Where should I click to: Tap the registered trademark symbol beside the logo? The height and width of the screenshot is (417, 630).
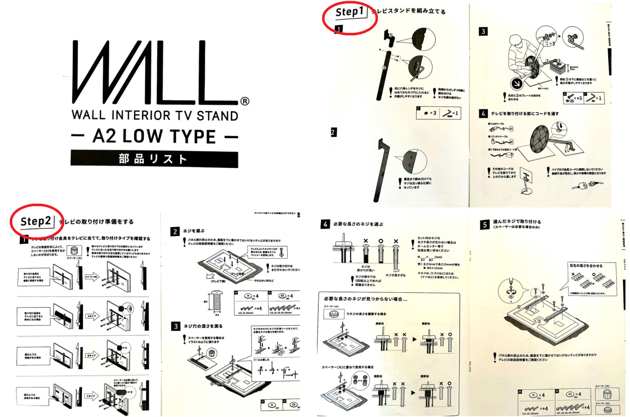pyautogui.click(x=245, y=101)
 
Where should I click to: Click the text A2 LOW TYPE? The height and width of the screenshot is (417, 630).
pyautogui.click(x=154, y=136)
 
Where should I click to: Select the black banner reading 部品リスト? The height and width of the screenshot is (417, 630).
pyautogui.click(x=154, y=159)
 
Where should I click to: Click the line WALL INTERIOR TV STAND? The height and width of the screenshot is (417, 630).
pyautogui.click(x=155, y=116)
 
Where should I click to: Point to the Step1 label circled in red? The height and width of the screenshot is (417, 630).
pyautogui.click(x=349, y=12)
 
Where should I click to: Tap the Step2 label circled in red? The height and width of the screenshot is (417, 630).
pyautogui.click(x=36, y=222)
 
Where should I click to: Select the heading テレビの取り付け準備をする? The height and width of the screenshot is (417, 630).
pyautogui.click(x=96, y=222)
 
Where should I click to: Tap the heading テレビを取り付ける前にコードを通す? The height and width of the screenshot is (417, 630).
pyautogui.click(x=525, y=114)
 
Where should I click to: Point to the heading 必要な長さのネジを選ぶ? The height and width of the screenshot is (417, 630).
pyautogui.click(x=358, y=224)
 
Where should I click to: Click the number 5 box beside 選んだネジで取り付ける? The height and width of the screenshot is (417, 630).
pyautogui.click(x=485, y=224)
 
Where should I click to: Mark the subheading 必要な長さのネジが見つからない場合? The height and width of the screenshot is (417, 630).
pyautogui.click(x=365, y=299)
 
